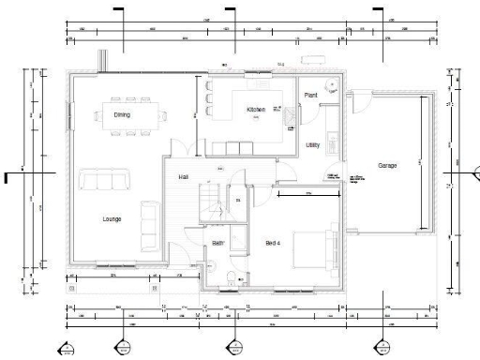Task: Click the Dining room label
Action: coord(122,114)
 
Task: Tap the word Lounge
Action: coord(112,218)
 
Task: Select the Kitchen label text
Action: coord(255,110)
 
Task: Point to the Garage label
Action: coord(386,165)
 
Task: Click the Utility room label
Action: coord(313,145)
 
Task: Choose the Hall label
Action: coord(185,177)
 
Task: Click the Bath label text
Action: coord(217,243)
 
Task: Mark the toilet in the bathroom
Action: coord(232,276)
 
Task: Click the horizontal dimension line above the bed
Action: coord(307,195)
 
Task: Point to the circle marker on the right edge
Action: coord(476,170)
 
